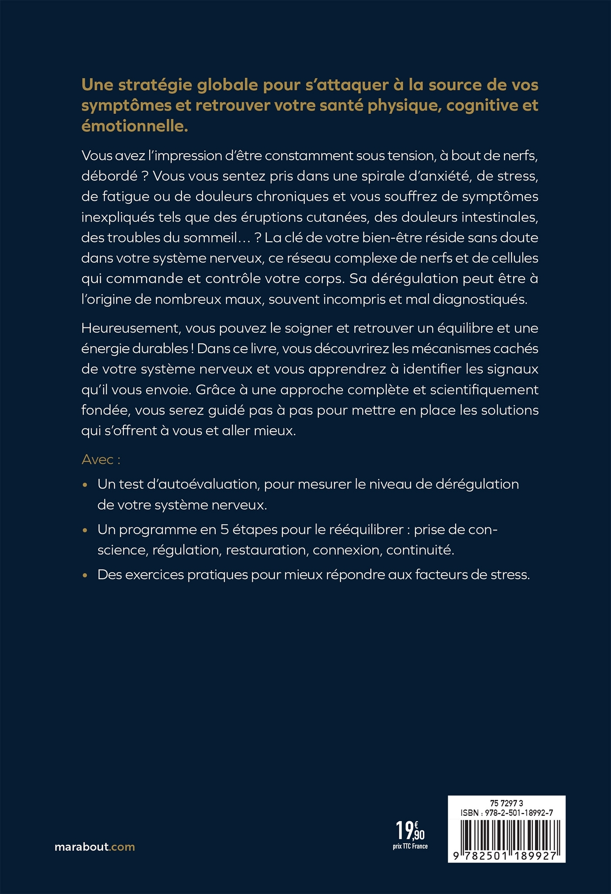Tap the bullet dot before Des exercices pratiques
[86, 575]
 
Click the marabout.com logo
[95, 847]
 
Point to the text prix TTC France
[410, 847]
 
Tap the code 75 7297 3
[507, 803]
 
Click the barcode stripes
[507, 834]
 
